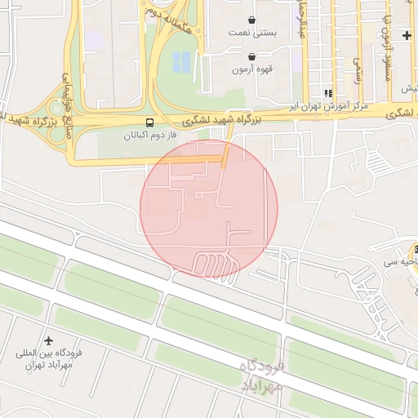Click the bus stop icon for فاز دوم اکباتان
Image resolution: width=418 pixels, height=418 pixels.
click(149, 122)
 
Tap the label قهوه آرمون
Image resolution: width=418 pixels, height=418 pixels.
click(252, 69)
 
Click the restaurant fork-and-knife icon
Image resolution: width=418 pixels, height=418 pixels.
click(328, 93)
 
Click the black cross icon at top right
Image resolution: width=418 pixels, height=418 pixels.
click(407, 35)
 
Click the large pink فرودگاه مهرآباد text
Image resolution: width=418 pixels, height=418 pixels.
click(261, 375)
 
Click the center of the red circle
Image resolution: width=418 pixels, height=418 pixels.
click(209, 208)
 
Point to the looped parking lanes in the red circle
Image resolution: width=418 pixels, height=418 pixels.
click(215, 263)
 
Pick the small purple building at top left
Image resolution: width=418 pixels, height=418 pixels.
click(96, 39)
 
